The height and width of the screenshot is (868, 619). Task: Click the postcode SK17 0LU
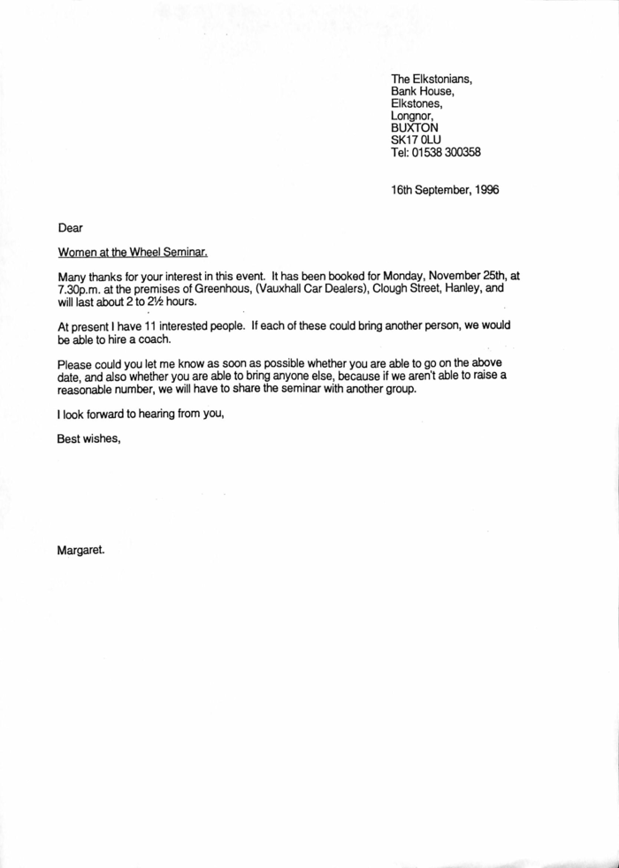[416, 140]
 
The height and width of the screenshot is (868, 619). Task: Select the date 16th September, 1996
[445, 189]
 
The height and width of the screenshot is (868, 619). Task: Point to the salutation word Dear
[70, 228]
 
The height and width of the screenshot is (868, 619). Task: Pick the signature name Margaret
[81, 549]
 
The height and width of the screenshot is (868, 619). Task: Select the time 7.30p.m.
[82, 287]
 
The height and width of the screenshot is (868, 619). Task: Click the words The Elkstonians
[432, 79]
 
